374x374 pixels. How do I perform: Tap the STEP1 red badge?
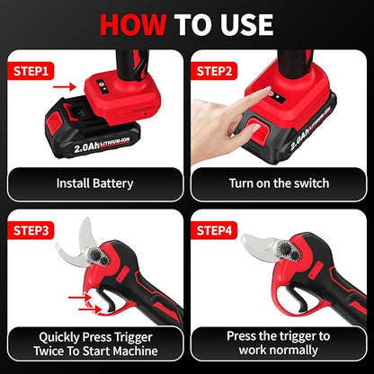click(x=32, y=69)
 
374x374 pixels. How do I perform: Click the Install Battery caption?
click(x=94, y=183)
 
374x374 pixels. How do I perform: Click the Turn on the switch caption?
click(x=279, y=183)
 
